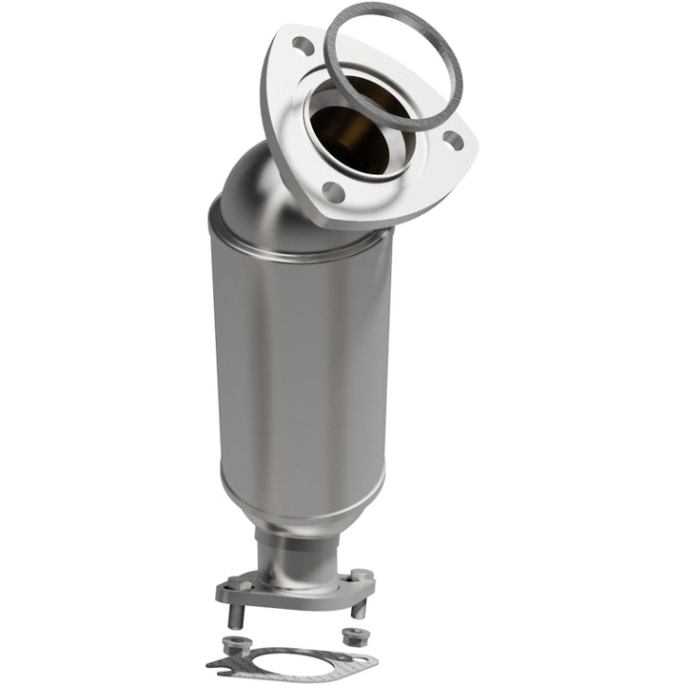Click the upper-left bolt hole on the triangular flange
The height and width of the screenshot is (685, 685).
click(303, 45)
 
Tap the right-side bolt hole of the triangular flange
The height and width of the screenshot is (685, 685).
click(455, 141)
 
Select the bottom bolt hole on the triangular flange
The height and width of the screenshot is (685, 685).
click(333, 191)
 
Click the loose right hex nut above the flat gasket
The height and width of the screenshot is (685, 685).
click(348, 634)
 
